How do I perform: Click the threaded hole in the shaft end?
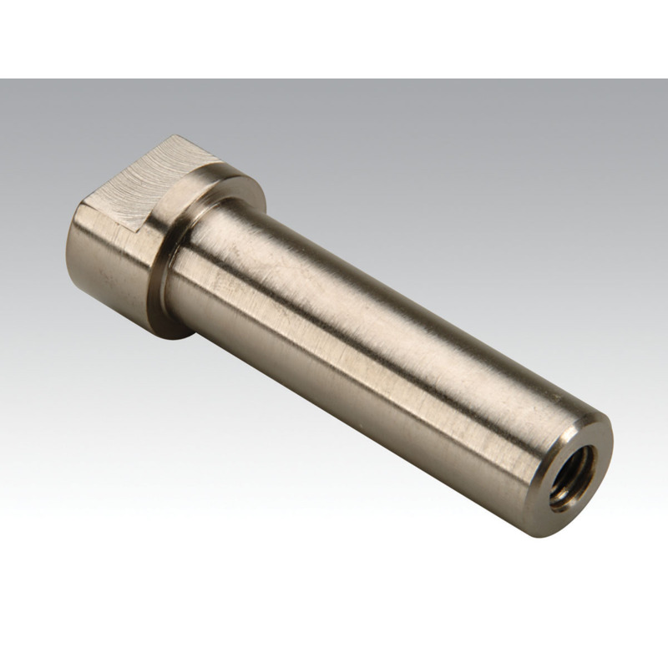574,477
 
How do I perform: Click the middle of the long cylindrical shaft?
376,351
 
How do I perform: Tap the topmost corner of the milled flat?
176,136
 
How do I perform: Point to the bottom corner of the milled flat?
138,230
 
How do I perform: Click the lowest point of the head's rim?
180,337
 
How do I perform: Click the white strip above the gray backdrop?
334,38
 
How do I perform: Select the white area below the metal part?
334,601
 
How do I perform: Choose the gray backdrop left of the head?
33,209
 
